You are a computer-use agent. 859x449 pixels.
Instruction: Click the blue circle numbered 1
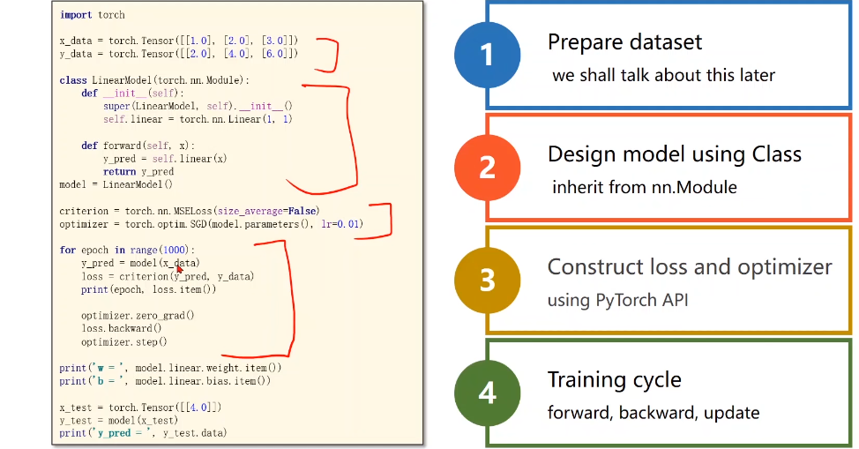pyautogui.click(x=488, y=54)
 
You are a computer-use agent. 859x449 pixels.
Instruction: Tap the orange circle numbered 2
pyautogui.click(x=488, y=167)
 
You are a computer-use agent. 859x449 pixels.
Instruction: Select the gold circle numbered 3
pyautogui.click(x=488, y=280)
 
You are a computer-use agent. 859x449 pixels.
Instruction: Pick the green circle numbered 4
pyautogui.click(x=488, y=392)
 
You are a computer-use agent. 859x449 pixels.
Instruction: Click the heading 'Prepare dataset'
pyautogui.click(x=624, y=41)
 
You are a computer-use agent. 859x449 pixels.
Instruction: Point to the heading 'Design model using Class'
pyautogui.click(x=674, y=154)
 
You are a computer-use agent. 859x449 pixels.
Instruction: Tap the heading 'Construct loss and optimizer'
pyautogui.click(x=690, y=266)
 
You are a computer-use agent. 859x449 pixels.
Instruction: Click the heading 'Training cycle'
pyautogui.click(x=614, y=379)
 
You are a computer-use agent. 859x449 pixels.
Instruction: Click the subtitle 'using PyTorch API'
pyautogui.click(x=617, y=300)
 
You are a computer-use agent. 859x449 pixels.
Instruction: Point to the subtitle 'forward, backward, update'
pyautogui.click(x=654, y=412)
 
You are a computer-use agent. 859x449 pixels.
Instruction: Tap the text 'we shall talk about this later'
pyautogui.click(x=663, y=75)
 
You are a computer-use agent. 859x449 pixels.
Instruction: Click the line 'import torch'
pyautogui.click(x=93, y=15)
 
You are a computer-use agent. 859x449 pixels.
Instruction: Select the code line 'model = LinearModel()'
pyautogui.click(x=116, y=184)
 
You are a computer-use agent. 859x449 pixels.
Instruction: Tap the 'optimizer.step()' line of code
pyautogui.click(x=123, y=341)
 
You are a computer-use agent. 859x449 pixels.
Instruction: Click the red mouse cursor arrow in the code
pyautogui.click(x=179, y=268)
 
